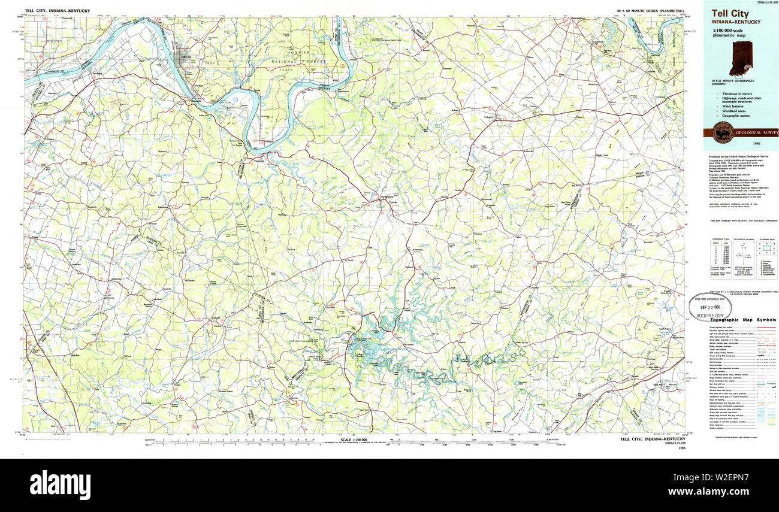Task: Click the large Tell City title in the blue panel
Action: click(730, 14)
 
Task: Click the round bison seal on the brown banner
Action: click(723, 132)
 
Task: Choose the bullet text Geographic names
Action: click(736, 116)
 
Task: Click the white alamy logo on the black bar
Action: click(60, 484)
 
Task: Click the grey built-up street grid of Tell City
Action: click(181, 59)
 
